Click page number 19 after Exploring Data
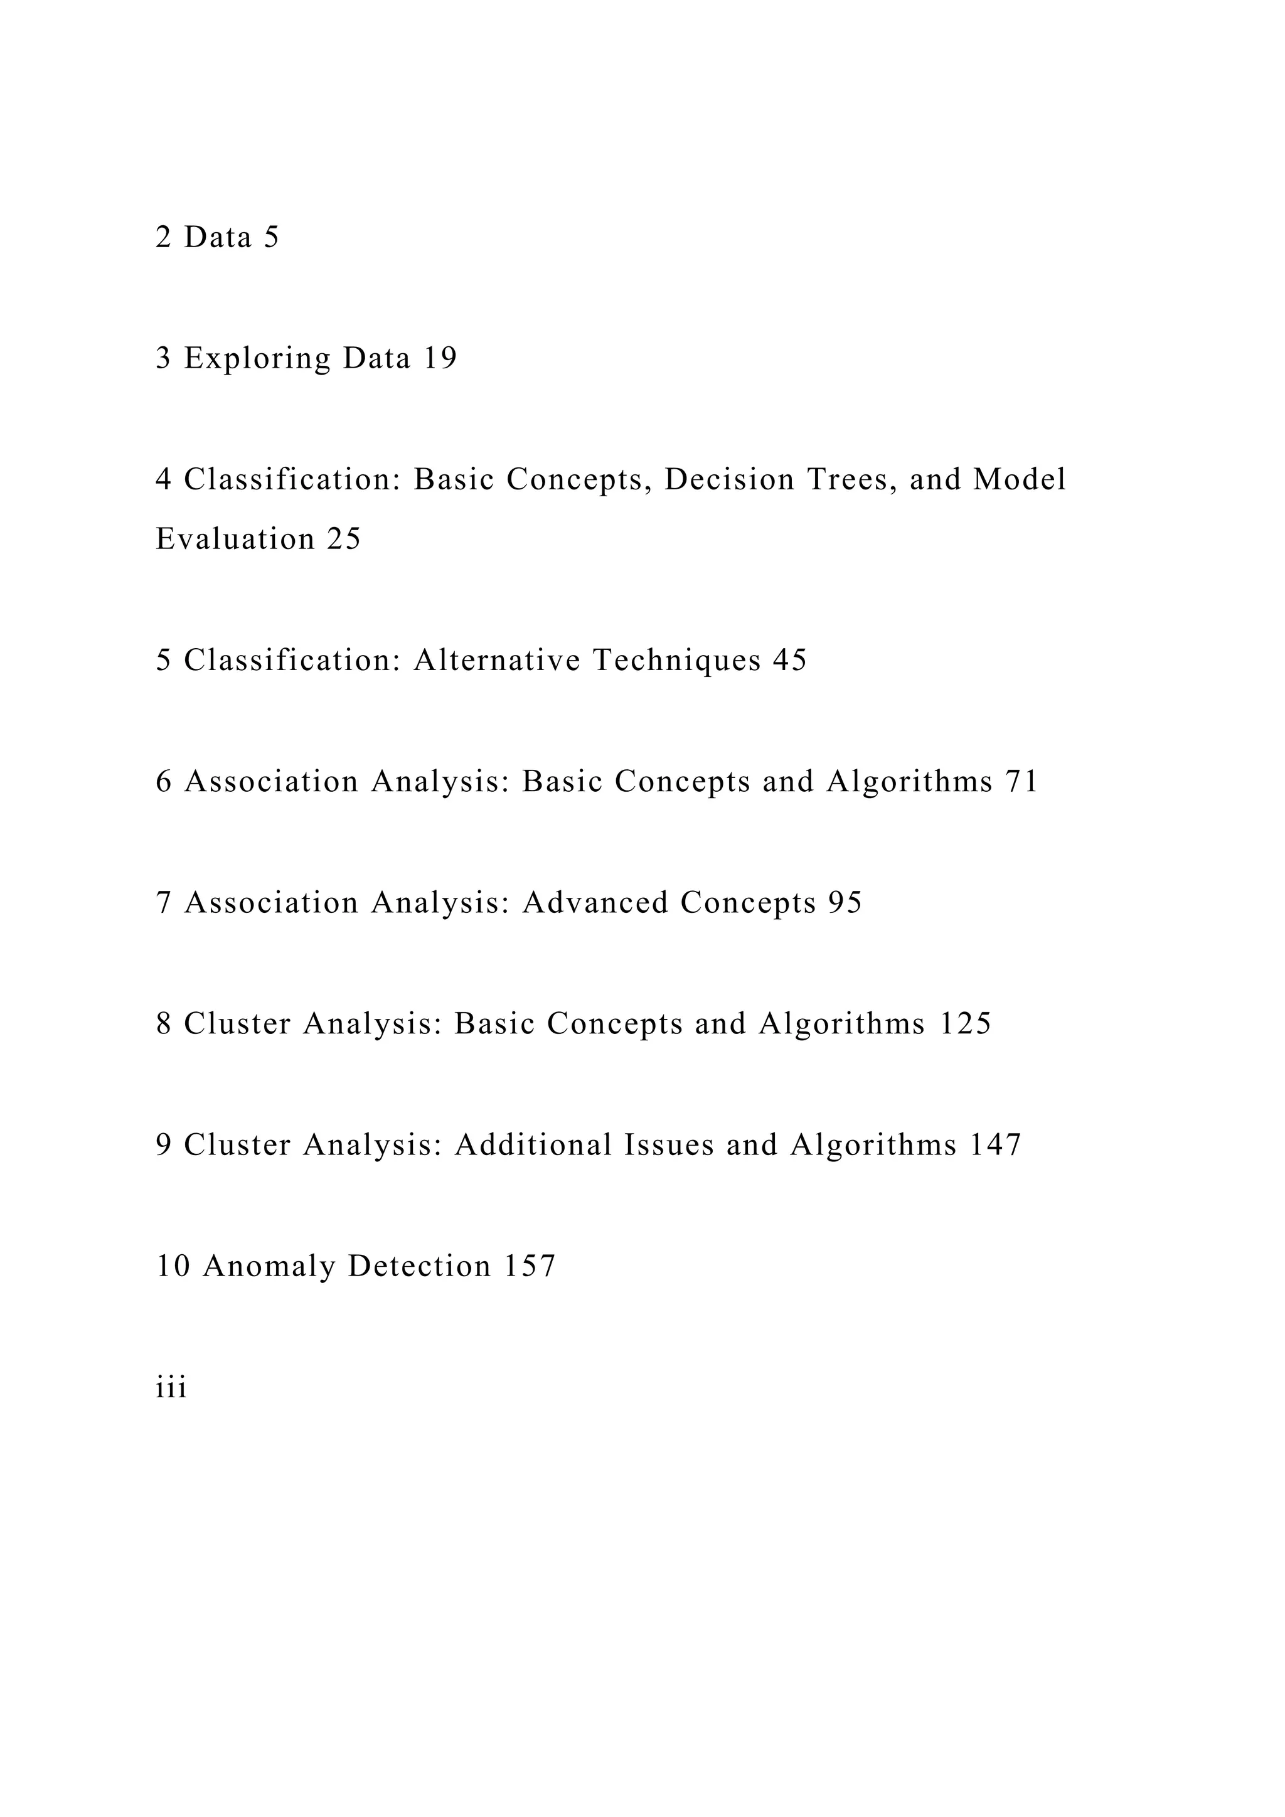[x=440, y=358]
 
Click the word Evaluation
[x=236, y=539]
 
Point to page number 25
[x=343, y=539]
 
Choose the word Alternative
[x=497, y=660]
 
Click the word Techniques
[x=676, y=660]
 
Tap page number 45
[x=790, y=660]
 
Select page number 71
[x=1021, y=782]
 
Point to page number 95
[x=845, y=903]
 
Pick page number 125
[x=966, y=1024]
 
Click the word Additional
[x=533, y=1145]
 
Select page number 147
[x=996, y=1145]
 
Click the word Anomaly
[x=269, y=1266]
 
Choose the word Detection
[x=419, y=1266]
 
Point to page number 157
[x=530, y=1266]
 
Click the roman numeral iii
[x=171, y=1388]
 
